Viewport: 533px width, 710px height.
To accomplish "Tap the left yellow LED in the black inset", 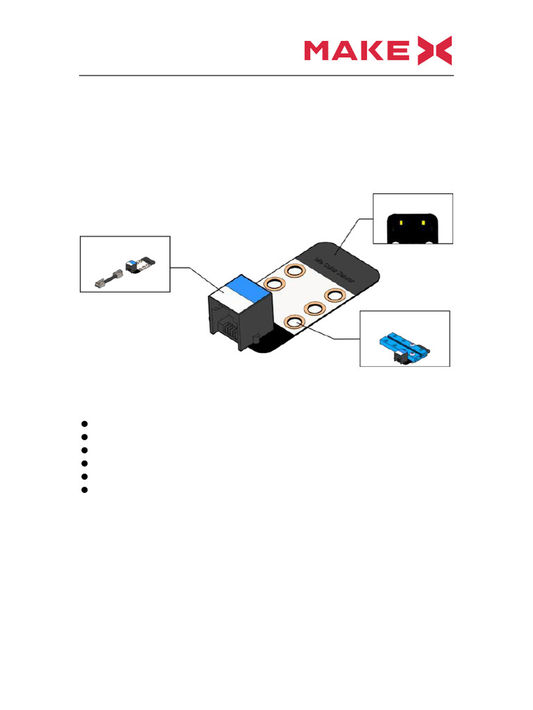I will point(402,223).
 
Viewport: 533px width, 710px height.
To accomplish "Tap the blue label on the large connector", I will point(240,285).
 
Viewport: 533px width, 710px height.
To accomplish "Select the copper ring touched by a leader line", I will point(294,322).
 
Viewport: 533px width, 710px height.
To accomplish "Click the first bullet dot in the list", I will point(83,423).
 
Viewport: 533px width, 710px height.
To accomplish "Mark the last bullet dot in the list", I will point(83,490).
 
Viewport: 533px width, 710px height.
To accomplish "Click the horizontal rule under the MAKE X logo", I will point(266,76).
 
